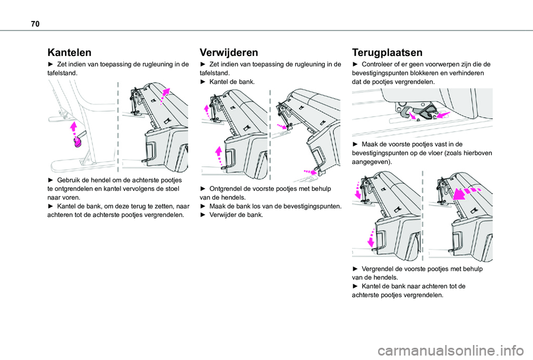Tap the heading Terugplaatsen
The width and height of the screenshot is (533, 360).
[x=387, y=53]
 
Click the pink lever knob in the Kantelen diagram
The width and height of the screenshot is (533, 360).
[x=78, y=143]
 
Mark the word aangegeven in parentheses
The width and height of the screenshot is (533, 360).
[x=371, y=161]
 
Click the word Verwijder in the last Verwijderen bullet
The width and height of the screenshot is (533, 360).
[x=222, y=215]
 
